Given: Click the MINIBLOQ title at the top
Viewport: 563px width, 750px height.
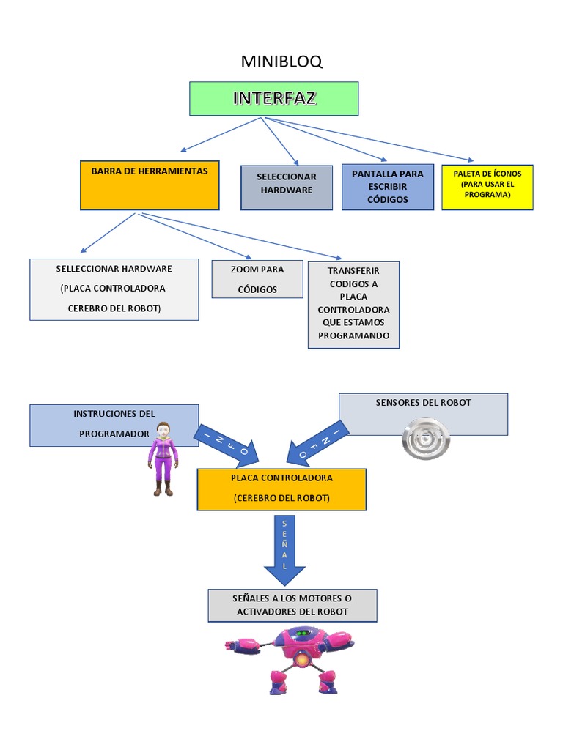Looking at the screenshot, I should (281, 62).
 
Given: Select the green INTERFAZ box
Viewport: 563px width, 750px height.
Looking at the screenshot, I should (274, 99).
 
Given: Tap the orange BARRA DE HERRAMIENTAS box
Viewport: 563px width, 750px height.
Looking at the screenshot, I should (150, 185).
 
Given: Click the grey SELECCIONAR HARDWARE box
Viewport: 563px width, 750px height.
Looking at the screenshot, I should (287, 187).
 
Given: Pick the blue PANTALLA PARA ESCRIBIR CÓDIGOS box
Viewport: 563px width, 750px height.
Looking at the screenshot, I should (387, 187).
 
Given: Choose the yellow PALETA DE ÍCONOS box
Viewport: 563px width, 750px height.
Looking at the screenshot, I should (487, 187).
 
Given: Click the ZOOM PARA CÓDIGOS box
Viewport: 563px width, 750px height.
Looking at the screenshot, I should (257, 279).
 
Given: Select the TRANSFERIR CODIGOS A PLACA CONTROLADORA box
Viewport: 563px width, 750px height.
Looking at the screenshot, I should (354, 304).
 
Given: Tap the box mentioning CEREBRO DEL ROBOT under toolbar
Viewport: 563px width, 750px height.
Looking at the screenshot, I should (114, 289).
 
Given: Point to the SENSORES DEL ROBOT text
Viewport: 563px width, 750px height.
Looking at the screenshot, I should (423, 402).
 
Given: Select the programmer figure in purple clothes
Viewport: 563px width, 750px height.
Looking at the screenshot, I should (163, 458).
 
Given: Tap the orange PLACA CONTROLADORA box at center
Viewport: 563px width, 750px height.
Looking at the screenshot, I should (281, 489).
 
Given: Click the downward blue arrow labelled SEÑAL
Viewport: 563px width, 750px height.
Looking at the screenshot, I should (284, 549).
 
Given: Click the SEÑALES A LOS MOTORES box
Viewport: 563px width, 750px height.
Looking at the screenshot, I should (292, 605).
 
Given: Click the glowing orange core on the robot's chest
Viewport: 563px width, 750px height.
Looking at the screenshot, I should (301, 661).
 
